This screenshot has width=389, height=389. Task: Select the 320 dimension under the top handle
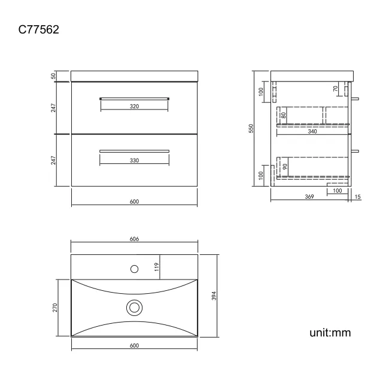point(134,106)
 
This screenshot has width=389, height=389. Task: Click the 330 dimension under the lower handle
point(134,160)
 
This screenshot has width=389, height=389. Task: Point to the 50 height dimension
point(53,75)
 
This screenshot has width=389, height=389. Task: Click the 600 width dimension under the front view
point(134,202)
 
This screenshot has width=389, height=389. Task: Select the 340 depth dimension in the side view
point(312,131)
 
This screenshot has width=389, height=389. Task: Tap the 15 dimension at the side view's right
point(357,197)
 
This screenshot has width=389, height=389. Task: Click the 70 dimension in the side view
point(336,89)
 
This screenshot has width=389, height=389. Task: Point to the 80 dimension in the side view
point(283,114)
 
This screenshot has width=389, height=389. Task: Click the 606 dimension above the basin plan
point(134,239)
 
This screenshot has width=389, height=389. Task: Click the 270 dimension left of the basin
point(54,307)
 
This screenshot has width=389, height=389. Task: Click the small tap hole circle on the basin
point(135,268)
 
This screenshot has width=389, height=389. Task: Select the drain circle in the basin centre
point(135,308)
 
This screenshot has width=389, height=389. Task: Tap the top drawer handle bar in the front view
point(134,97)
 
